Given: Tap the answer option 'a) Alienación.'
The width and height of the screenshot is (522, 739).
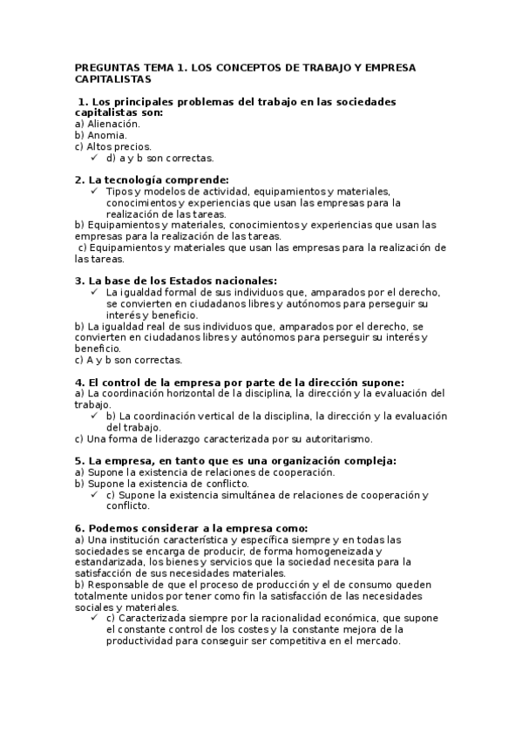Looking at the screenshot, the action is pos(107,124).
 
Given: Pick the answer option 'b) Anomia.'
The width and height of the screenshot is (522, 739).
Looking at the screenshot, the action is pos(101,135).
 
